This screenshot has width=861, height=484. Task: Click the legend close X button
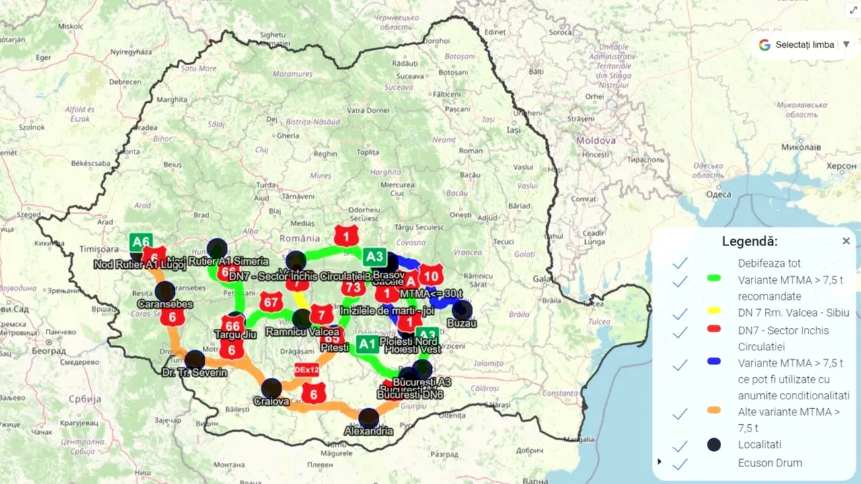(x=846, y=241)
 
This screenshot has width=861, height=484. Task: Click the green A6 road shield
(x=141, y=242)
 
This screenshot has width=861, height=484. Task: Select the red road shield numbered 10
(x=431, y=275)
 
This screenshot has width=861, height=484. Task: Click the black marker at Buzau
(x=462, y=311)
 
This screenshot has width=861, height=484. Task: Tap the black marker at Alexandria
(x=369, y=418)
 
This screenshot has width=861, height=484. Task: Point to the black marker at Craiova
(x=272, y=389)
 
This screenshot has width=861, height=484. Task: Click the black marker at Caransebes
(x=165, y=291)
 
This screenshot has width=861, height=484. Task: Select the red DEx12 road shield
(x=307, y=369)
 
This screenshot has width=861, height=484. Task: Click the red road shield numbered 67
(x=271, y=302)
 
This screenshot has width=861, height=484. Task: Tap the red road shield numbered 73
(x=352, y=288)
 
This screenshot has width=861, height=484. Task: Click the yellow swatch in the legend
(x=714, y=311)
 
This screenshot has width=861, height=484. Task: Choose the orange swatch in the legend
(x=714, y=410)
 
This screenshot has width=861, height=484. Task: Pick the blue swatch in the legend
(x=714, y=362)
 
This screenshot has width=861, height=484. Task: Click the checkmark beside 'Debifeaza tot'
(x=680, y=264)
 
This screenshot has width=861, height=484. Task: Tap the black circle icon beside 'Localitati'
(x=714, y=444)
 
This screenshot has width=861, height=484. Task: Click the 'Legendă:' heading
(x=749, y=241)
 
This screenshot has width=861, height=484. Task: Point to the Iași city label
(x=515, y=130)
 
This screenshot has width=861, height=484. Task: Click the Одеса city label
(x=718, y=194)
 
